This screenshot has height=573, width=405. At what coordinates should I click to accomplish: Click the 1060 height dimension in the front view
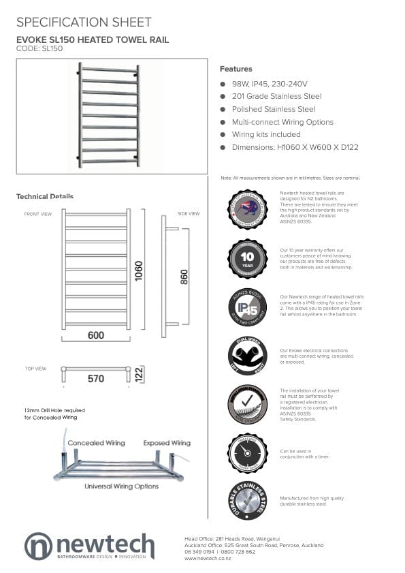pos(139,270)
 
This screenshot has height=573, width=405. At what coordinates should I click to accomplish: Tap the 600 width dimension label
pos(95,335)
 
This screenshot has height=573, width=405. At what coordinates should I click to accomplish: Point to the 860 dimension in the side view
pos(184,277)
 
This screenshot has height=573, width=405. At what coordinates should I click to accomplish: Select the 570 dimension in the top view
pos(96,378)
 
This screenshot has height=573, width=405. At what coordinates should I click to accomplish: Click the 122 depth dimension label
pos(140,374)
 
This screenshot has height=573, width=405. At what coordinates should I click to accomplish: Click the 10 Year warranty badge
pos(247,258)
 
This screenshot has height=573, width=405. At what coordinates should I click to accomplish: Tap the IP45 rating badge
pos(247,307)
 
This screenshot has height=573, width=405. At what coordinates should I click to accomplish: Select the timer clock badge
pos(247,453)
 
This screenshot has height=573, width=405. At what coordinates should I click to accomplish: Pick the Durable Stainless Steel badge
pos(247,501)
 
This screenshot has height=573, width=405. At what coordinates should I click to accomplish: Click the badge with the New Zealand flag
pos(247,209)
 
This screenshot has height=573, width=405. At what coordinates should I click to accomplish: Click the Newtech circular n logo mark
pos(38,546)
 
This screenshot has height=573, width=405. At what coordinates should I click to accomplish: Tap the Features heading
pos(236,69)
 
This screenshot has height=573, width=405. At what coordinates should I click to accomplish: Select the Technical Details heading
pos(45,196)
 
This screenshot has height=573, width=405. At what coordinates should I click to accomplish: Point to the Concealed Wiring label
pos(96,443)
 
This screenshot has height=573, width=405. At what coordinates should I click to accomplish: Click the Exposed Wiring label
pos(167,443)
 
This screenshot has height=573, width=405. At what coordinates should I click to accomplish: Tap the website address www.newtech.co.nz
pos(208,559)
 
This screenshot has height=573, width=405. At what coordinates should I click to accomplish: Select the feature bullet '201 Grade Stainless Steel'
pos(276,97)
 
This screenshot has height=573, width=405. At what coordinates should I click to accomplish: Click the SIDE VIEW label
pos(189,214)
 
